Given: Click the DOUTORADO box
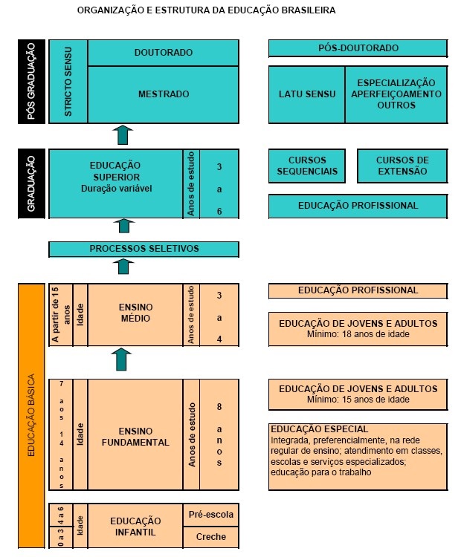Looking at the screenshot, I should (164, 53).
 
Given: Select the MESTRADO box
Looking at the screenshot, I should (164, 94).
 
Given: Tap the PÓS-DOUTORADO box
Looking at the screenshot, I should (358, 48).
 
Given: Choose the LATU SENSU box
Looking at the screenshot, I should (307, 94).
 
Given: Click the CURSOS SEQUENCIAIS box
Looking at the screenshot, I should (307, 166).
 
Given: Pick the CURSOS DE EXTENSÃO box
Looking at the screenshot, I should (402, 166).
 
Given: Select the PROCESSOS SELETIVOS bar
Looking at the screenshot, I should (144, 248).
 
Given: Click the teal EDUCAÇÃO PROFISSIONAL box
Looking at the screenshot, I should (358, 206).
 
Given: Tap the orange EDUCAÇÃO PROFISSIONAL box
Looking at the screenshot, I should (358, 290).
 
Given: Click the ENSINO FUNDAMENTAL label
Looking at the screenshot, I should (135, 436).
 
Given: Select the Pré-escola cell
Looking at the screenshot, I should (211, 514).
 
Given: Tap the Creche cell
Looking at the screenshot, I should (211, 536).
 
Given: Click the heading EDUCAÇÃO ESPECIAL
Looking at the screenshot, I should (319, 429).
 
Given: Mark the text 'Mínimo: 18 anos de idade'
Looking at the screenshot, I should (358, 334).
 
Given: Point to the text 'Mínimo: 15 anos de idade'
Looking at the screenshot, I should (358, 399).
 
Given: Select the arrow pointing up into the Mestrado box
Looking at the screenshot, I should (123, 134).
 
